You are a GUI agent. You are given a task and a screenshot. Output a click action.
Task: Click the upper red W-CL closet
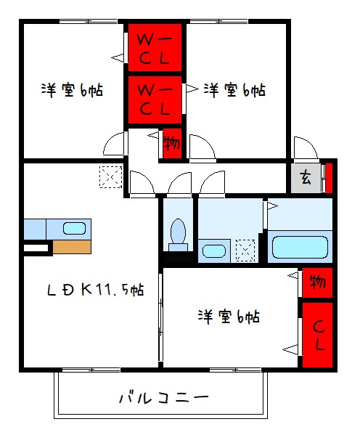pyautogui.click(x=155, y=48)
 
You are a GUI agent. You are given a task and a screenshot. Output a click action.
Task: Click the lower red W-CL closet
pyautogui.click(x=155, y=99)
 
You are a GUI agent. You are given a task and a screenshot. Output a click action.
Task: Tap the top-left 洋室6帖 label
pyautogui.click(x=72, y=91)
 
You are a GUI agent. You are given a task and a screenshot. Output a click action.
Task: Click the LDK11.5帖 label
pyautogui.click(x=94, y=290)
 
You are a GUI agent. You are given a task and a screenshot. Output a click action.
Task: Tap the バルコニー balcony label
pyautogui.click(x=163, y=398)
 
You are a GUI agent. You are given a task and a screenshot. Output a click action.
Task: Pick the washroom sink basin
pyautogui.click(x=213, y=251)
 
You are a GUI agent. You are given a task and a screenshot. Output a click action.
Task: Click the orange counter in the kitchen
pyautogui.click(x=72, y=246)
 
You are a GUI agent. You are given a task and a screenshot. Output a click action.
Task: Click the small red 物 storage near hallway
pyautogui.click(x=172, y=142)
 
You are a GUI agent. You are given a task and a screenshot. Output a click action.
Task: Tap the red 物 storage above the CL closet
pyautogui.click(x=317, y=282)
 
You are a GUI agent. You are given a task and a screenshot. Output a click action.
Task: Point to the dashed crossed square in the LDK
pyautogui.click(x=111, y=177)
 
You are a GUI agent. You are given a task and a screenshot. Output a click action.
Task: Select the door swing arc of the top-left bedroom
pyautogui.click(x=115, y=144)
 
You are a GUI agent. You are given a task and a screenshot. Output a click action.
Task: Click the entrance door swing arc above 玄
pyautogui.click(x=305, y=147)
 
